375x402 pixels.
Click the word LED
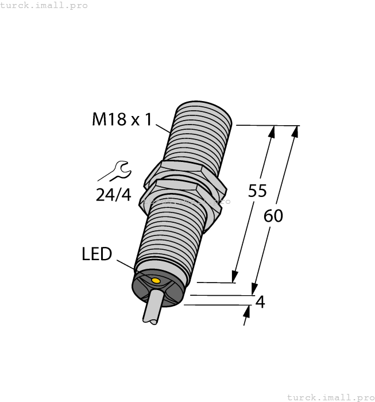pos(96,254)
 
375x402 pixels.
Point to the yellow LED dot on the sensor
pos(154,280)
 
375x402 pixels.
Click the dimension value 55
pos(257,191)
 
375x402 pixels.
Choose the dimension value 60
pos(273,216)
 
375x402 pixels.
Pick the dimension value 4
pos(260,301)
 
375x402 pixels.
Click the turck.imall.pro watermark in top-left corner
pos(44,5)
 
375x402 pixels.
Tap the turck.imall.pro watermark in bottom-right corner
pos(330,397)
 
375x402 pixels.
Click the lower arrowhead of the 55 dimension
pos(234,276)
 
